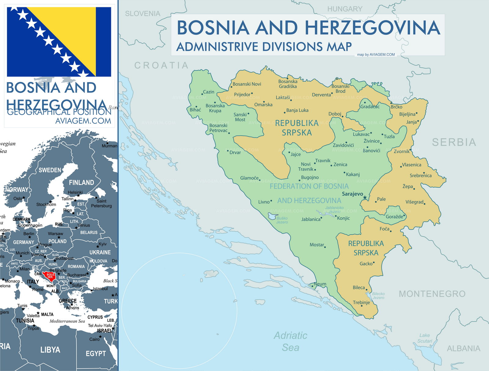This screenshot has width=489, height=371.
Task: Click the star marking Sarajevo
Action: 365,198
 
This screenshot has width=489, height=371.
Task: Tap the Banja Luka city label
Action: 297,110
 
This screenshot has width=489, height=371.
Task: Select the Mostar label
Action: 317,245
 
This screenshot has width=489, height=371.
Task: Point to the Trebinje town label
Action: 361,302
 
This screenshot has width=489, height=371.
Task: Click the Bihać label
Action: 195,110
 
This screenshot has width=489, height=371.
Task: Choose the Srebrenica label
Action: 421,175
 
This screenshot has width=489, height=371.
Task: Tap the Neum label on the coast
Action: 320,284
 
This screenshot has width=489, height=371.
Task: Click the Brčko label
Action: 396,107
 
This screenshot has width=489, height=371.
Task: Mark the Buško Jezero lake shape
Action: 271,216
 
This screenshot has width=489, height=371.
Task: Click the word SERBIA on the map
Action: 454,142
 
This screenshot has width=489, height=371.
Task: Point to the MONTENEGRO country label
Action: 432,294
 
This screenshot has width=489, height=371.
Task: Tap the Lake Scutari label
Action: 425,338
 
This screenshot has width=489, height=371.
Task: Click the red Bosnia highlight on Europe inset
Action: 49,275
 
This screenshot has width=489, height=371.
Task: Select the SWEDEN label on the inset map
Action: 50,170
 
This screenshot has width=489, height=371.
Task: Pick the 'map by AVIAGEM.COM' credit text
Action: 376,54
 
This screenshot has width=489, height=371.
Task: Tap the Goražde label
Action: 394,216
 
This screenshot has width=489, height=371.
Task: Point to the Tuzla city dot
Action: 382,134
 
